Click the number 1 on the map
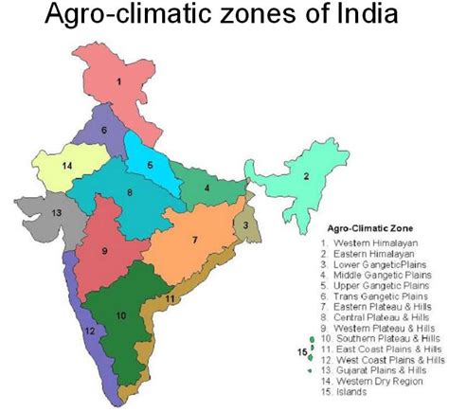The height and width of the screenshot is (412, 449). click(x=118, y=82)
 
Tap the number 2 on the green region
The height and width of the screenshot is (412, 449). click(x=306, y=176)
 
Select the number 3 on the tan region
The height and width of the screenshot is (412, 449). click(x=245, y=225)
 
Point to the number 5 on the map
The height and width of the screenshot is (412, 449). click(x=149, y=165)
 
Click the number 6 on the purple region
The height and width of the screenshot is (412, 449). click(x=104, y=129)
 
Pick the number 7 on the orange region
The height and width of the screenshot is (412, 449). click(x=194, y=240)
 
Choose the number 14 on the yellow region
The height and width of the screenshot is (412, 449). click(x=66, y=166)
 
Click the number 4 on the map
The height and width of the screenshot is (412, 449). click(x=207, y=188)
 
